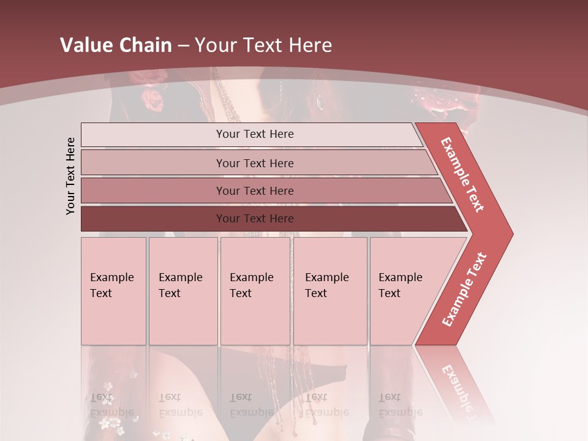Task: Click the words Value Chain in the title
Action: pyautogui.click(x=116, y=45)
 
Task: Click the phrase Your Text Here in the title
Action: pyautogui.click(x=263, y=45)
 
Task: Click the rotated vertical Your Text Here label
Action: pyautogui.click(x=70, y=176)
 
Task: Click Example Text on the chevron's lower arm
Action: pyautogui.click(x=464, y=289)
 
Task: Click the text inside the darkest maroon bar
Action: pyautogui.click(x=255, y=219)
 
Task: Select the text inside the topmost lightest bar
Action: pyautogui.click(x=255, y=134)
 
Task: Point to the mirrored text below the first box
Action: pyautogui.click(x=111, y=404)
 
